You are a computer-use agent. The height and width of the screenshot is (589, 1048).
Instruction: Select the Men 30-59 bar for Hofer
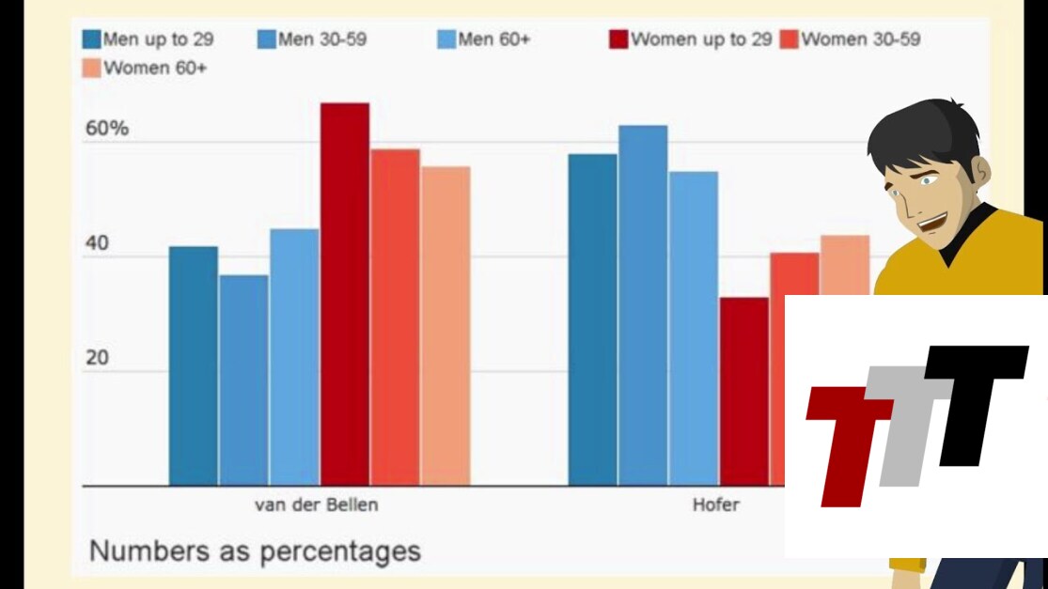coord(643,305)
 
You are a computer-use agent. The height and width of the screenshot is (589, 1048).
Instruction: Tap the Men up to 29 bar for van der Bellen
coord(193,366)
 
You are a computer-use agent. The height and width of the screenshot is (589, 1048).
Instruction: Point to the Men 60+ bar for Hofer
coord(694,329)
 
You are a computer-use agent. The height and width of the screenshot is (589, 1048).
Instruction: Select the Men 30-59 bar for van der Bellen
coord(243,380)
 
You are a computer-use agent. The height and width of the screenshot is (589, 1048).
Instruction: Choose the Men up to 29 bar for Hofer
coord(592,319)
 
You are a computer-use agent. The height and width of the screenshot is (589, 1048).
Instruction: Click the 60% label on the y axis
coord(107,129)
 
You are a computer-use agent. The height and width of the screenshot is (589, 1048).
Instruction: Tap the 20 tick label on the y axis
coord(98,359)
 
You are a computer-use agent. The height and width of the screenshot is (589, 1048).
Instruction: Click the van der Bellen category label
coord(317,505)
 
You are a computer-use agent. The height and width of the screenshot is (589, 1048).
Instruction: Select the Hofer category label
coord(715,505)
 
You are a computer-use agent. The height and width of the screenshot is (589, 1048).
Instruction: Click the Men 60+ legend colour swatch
coord(446,40)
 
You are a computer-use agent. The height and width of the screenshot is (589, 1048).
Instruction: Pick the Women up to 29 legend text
coord(701,40)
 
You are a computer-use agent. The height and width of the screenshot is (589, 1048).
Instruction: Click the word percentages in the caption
coord(342,550)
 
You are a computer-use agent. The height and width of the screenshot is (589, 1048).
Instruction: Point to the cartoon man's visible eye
coord(929,179)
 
